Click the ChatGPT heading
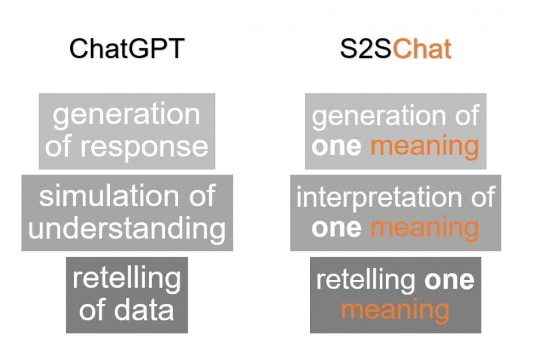127,49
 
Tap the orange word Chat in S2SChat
422,49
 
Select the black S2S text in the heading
366,49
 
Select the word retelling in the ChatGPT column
127,279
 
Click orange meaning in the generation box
424,147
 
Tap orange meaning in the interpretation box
424,229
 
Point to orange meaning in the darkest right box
395,311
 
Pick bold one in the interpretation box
336,228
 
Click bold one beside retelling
449,280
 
